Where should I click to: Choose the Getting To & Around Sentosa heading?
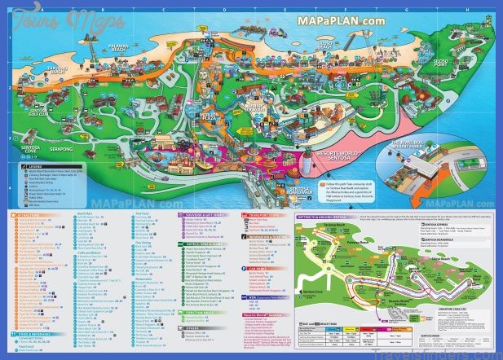pos(321,215)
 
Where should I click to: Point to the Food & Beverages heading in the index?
pos(36,330)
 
